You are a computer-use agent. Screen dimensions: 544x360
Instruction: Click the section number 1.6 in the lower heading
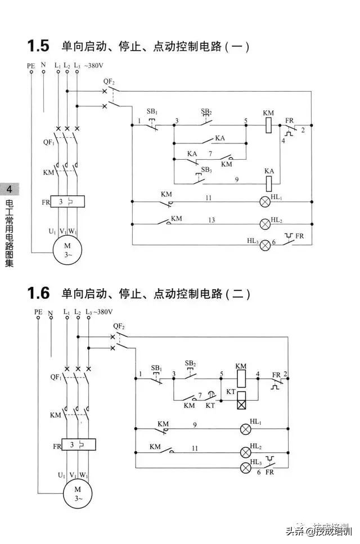(x=38, y=293)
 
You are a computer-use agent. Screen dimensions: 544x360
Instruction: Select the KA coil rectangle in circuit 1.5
(x=269, y=182)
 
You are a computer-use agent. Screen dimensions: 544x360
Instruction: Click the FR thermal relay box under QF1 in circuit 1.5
(x=67, y=201)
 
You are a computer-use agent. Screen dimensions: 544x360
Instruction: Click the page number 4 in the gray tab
(x=10, y=189)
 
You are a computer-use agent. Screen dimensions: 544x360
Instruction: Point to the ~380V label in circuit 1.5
(x=94, y=66)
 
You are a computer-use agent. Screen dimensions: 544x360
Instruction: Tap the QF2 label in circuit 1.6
(x=118, y=326)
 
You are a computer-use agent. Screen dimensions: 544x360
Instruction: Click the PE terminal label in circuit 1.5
(x=31, y=66)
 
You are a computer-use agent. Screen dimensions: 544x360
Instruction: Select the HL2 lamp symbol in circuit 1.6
(x=245, y=451)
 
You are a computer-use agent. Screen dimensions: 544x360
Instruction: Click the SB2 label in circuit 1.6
(x=190, y=364)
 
